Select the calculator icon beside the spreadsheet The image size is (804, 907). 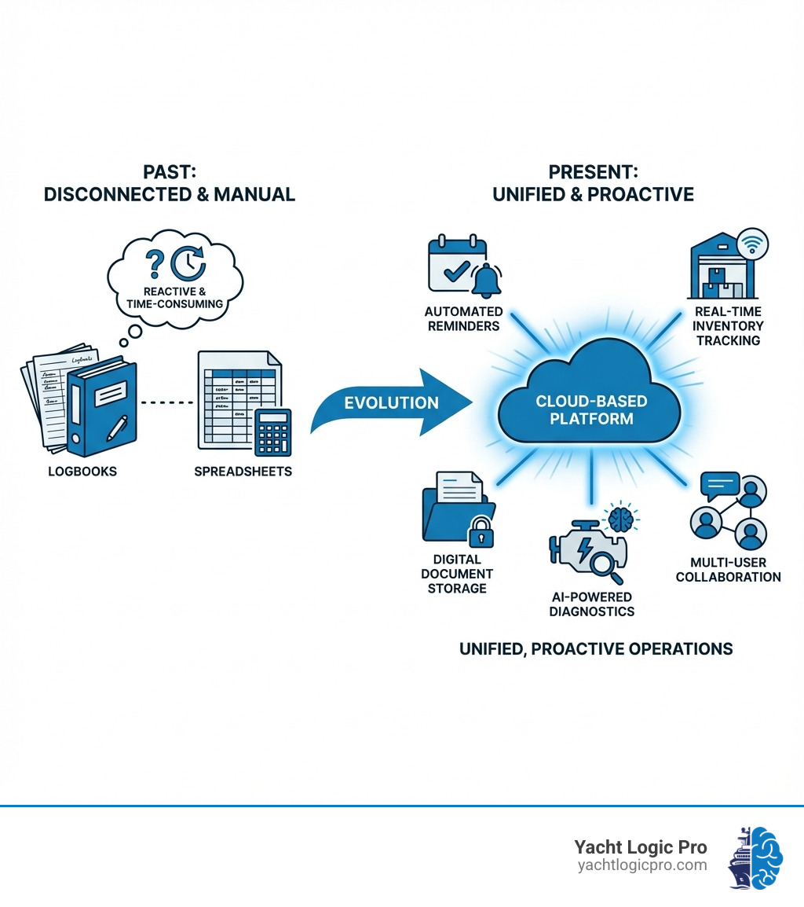pos(272,431)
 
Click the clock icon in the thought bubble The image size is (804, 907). pos(188,265)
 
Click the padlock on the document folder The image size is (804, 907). pos(480,534)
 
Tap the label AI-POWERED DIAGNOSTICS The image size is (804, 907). pos(592,604)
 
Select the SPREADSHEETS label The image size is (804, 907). pos(243,472)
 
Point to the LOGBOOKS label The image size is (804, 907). pos(83,472)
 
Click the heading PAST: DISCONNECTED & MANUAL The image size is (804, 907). pos(170,182)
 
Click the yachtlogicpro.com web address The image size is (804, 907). pos(641,865)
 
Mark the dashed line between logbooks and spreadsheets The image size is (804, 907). pos(166,402)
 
